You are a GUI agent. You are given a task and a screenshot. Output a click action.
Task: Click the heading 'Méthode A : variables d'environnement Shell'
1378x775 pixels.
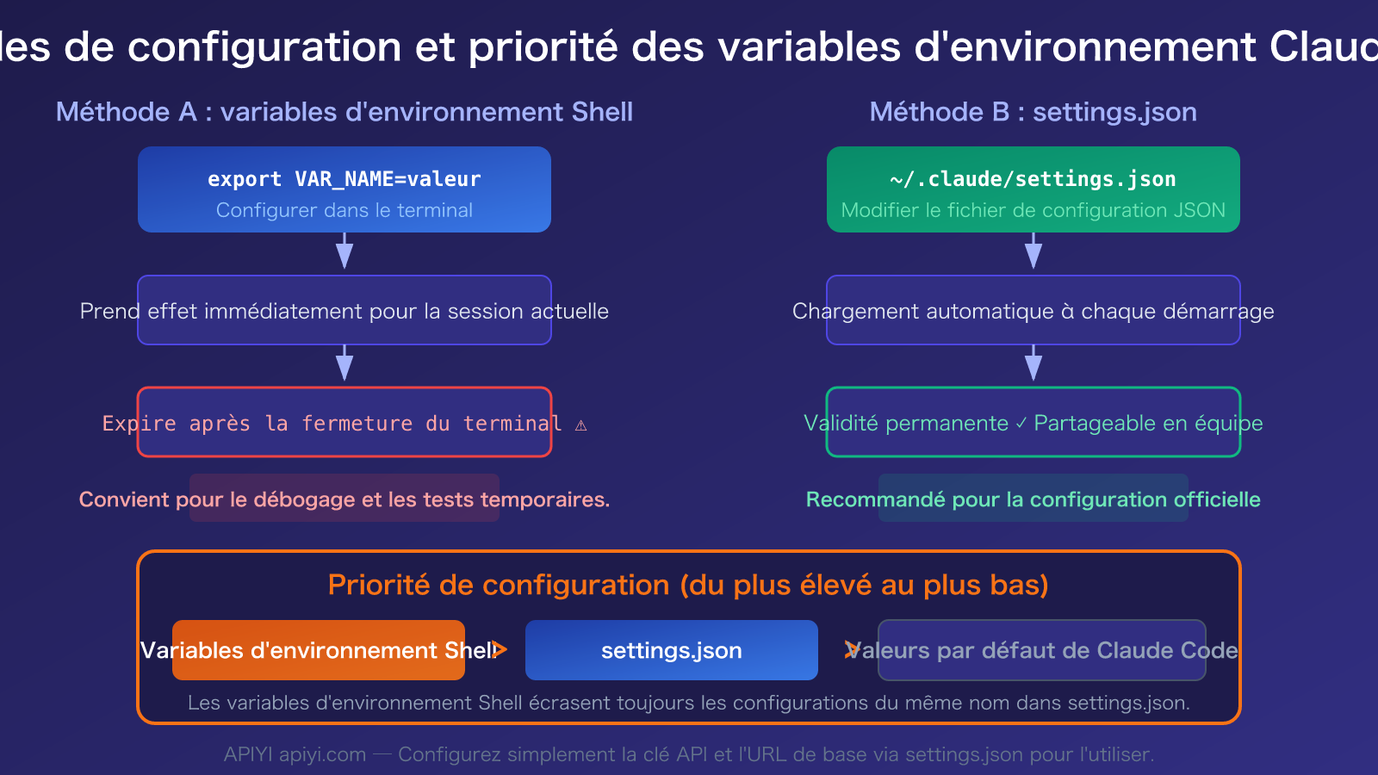344,112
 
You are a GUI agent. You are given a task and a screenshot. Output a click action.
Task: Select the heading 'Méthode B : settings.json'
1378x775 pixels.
1033,112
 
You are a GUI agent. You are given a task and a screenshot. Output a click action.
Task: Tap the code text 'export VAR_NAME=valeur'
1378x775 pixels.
344,179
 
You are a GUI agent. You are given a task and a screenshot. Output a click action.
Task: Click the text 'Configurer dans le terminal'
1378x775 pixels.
344,210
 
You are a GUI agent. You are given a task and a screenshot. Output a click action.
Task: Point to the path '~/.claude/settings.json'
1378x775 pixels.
1033,179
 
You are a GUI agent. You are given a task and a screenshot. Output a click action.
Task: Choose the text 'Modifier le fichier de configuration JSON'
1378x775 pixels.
1033,210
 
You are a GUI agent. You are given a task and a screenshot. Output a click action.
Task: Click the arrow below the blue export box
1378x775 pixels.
344,251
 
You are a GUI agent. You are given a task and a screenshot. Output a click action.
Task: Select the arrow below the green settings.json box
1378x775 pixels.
1033,251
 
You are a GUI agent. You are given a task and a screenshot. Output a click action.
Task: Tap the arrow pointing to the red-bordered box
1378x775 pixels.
344,364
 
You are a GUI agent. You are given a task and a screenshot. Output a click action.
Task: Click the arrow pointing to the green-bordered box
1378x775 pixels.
1033,364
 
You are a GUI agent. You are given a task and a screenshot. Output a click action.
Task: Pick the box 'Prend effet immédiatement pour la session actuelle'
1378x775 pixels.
344,311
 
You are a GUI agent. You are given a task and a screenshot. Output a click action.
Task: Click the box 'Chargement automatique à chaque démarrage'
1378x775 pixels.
1033,311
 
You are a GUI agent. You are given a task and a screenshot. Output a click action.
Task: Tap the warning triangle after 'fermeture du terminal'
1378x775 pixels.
581,425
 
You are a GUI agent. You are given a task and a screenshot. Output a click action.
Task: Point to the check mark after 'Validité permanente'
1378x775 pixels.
1021,424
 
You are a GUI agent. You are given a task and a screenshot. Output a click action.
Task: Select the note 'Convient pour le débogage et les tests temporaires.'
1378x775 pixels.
344,499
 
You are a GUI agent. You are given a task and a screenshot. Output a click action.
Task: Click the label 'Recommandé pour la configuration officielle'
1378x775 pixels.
1033,499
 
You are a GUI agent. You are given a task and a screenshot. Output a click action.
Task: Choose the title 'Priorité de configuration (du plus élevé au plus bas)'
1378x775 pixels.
688,586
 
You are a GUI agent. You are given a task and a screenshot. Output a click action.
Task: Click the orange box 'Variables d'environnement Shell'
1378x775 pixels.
319,650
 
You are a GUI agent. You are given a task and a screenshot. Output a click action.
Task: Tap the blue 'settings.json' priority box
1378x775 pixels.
672,650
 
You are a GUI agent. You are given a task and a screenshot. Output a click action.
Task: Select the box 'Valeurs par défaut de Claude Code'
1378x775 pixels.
1042,650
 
